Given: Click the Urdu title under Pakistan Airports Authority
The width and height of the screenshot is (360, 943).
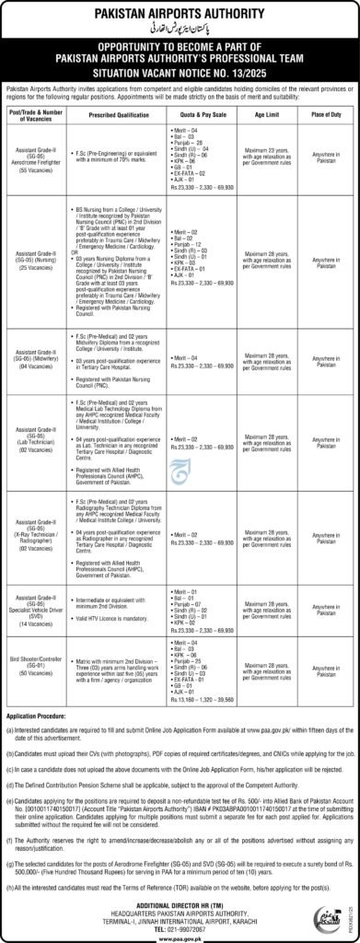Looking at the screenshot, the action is coord(180,28).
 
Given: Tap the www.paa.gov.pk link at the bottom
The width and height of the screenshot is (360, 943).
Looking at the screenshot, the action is coord(180,936).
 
